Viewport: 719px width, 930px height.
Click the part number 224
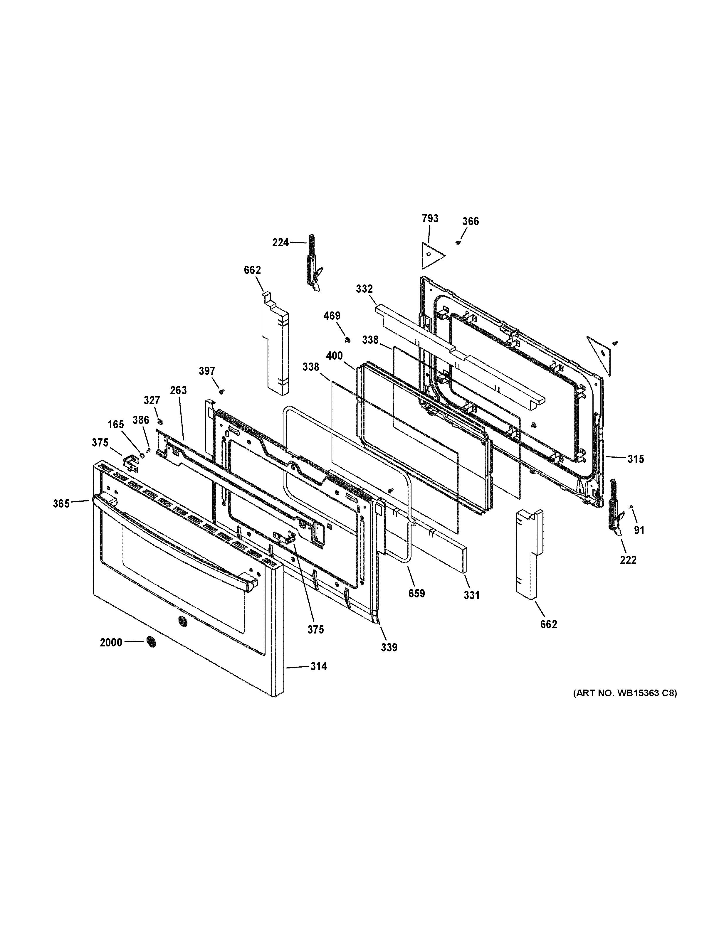[280, 243]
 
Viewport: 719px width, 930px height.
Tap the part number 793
[430, 218]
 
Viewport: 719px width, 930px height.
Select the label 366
[470, 221]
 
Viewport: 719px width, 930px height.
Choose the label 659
[416, 593]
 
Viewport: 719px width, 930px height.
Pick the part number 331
[471, 595]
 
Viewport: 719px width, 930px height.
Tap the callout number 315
[636, 459]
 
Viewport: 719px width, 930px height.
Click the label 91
[639, 530]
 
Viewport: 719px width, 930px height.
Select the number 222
[628, 560]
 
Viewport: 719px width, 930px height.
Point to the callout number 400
[334, 356]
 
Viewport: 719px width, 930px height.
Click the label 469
[332, 316]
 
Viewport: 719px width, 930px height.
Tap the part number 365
[61, 504]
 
